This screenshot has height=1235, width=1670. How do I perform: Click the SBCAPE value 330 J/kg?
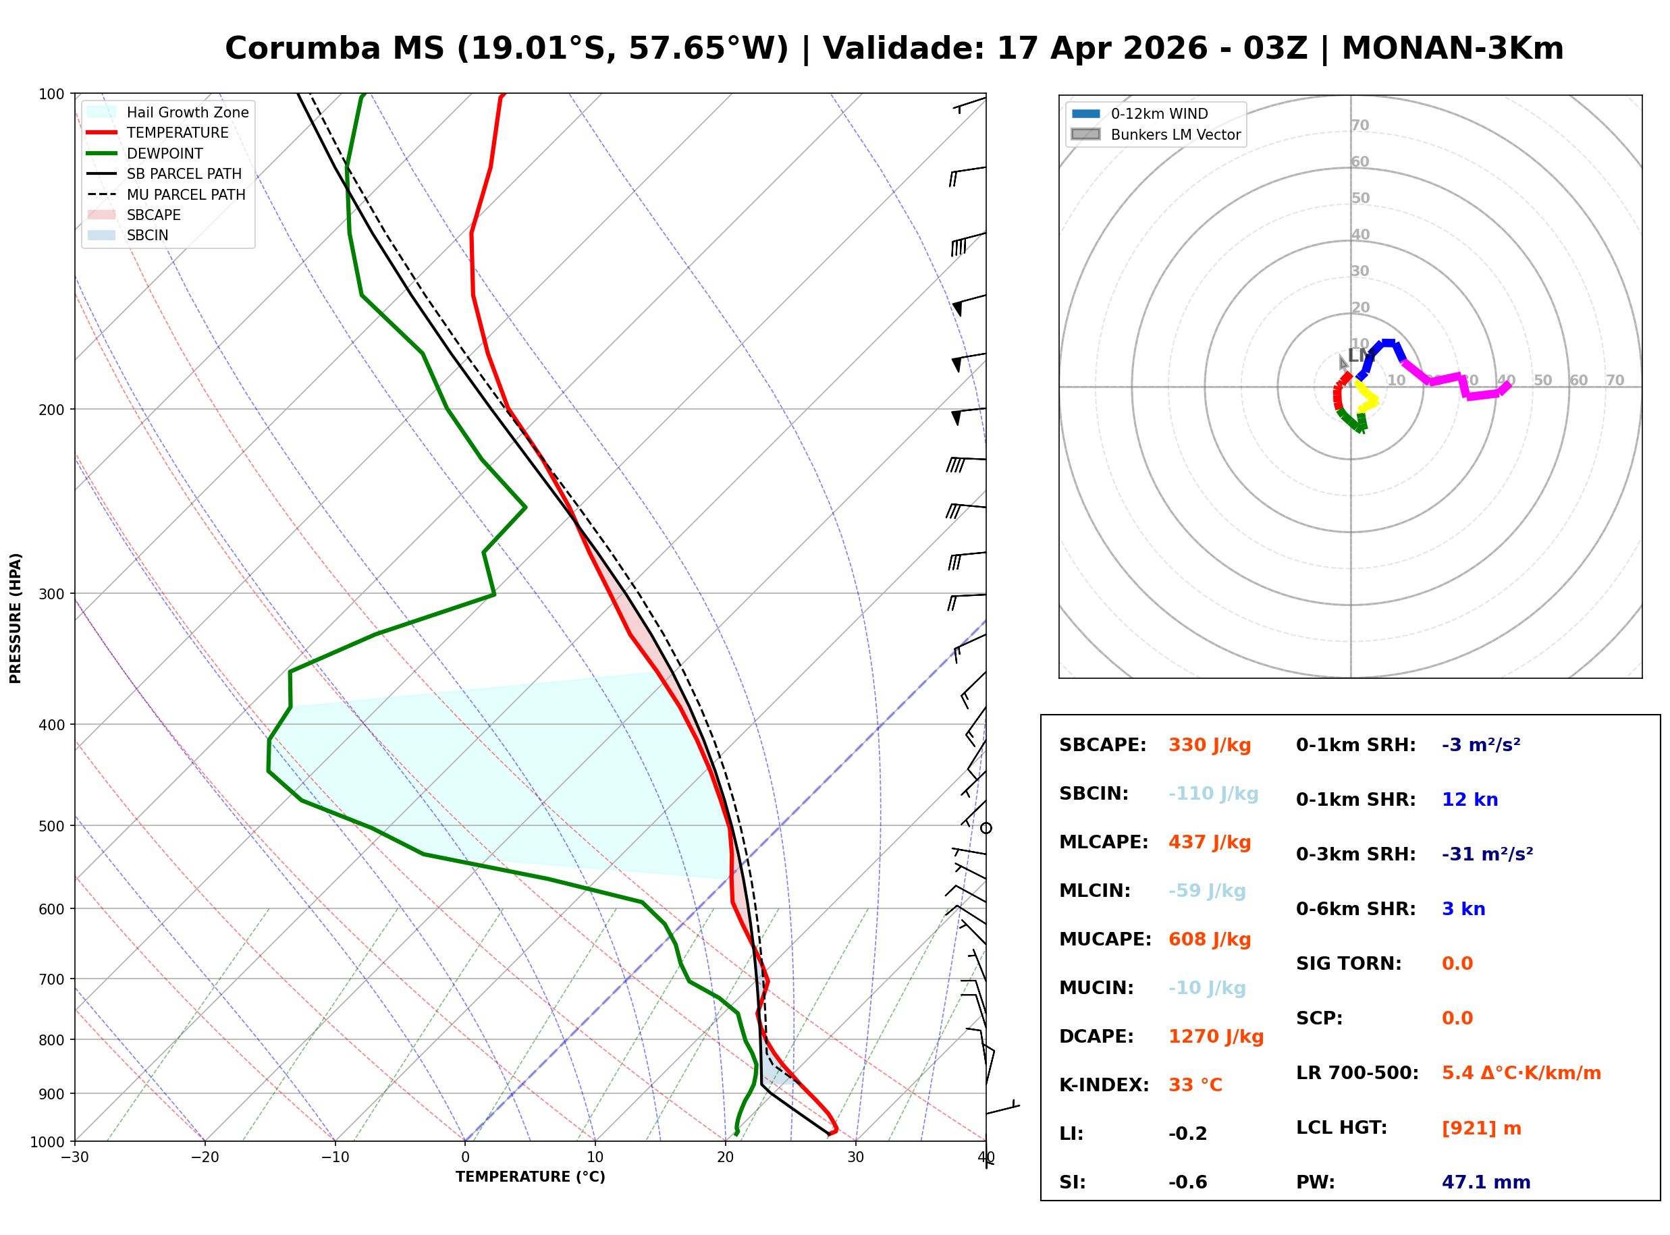1209,745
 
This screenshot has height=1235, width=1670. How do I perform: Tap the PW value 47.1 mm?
1485,1182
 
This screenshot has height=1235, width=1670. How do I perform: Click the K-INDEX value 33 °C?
1195,1085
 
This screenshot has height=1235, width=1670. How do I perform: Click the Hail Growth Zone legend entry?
187,112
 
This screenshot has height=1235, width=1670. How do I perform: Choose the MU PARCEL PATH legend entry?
186,194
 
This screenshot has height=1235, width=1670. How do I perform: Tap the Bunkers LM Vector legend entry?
1175,134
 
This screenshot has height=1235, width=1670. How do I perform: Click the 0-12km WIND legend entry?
1159,113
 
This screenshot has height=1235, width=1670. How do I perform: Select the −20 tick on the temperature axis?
204,1157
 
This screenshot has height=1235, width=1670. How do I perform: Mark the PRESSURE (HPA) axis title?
16,618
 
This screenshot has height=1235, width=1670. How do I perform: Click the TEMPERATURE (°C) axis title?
530,1177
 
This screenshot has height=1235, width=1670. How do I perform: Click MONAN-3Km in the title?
1452,49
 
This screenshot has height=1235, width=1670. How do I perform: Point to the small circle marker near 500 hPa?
986,828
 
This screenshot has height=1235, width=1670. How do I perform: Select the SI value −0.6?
1187,1182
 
